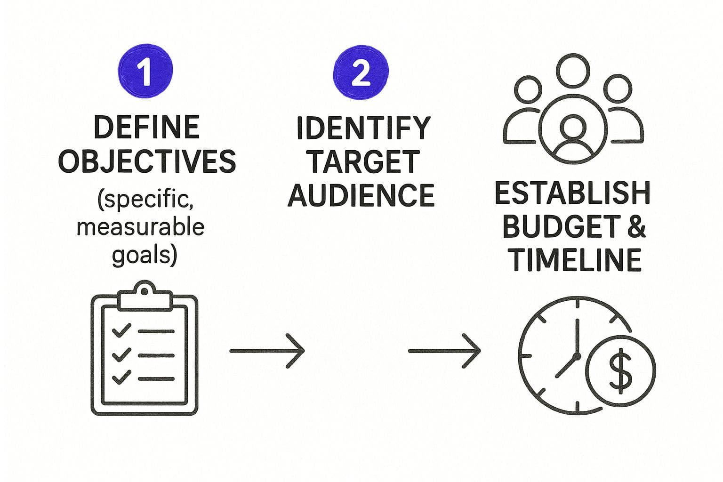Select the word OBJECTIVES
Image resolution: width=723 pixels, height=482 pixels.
[x=147, y=161]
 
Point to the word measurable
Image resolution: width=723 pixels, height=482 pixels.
[x=140, y=227]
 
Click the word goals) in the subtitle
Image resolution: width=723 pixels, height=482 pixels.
[x=144, y=255]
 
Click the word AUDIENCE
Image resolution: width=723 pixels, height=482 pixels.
[x=361, y=195]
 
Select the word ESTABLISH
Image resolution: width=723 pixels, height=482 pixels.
[x=572, y=193]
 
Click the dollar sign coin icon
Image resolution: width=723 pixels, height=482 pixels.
[x=621, y=370]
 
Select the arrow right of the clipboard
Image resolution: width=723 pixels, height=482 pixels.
[x=267, y=351]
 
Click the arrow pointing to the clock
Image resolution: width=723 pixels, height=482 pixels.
[x=444, y=351]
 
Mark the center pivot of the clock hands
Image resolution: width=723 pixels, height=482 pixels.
[x=576, y=356]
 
